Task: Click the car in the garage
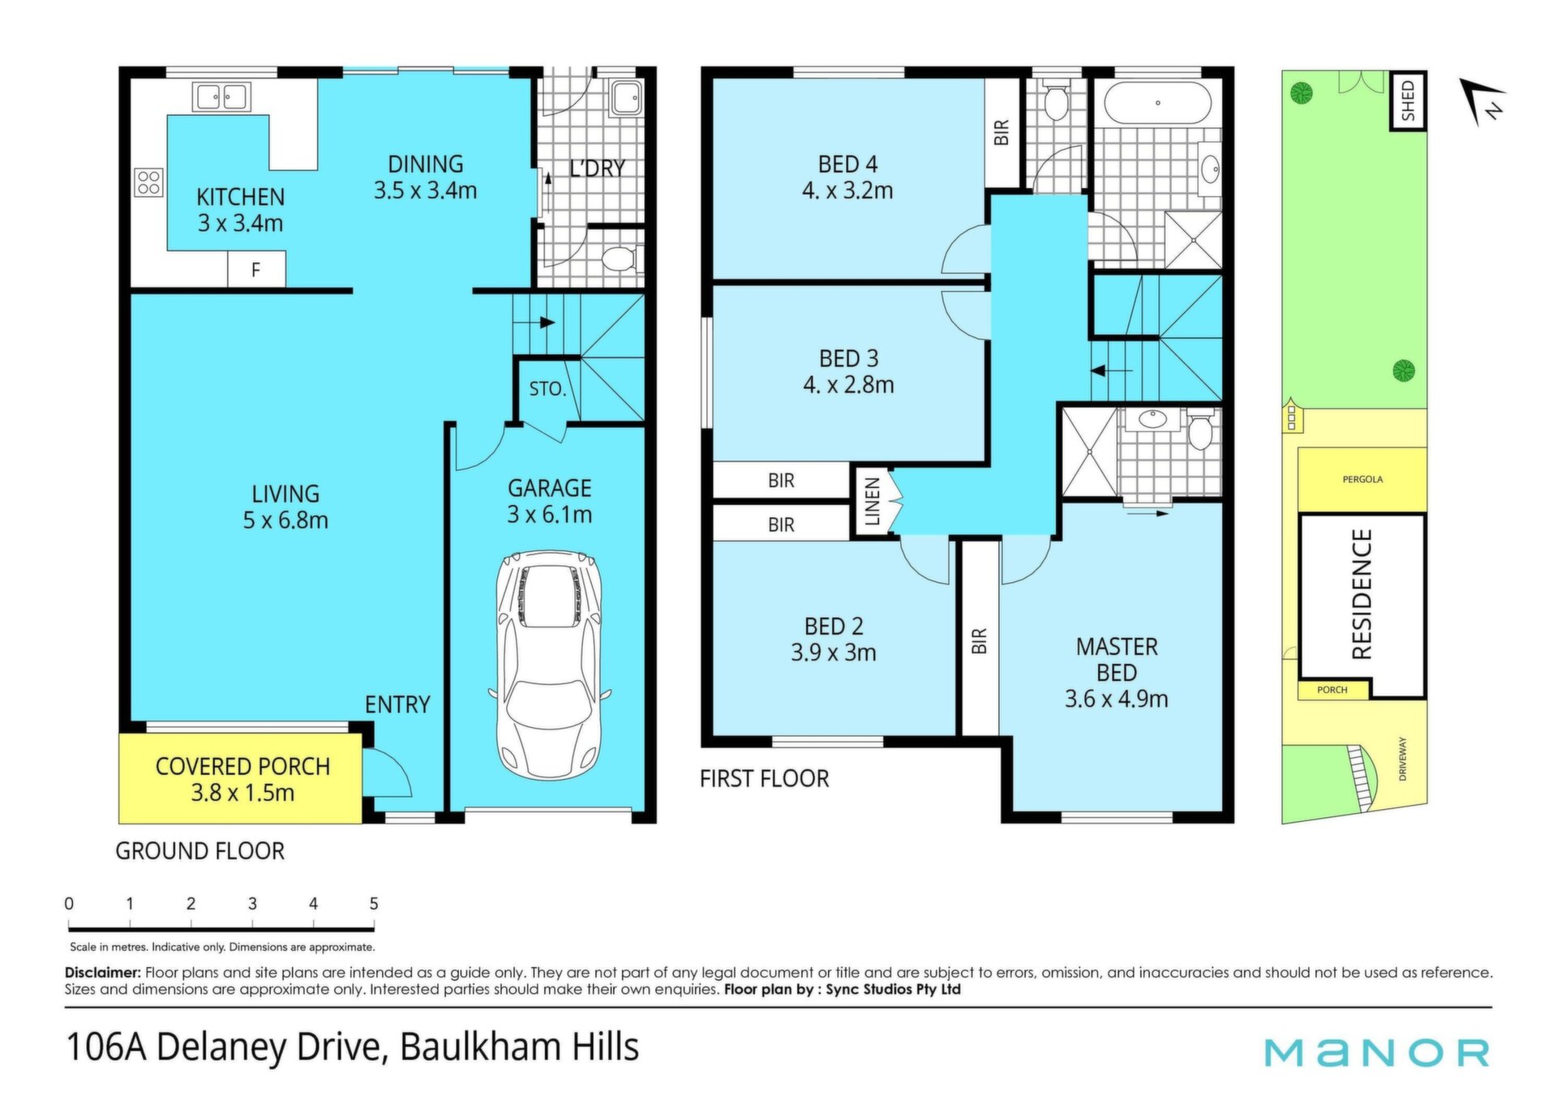550,663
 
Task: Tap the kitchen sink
221,96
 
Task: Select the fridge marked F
256,270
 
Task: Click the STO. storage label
547,389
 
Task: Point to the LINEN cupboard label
872,502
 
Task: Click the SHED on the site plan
1408,101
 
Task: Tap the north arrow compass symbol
1483,101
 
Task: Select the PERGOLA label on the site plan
1362,479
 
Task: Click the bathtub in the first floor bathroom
1157,104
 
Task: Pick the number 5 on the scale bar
374,903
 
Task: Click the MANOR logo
1377,1052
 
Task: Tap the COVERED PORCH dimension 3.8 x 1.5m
242,793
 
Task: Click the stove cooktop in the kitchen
149,182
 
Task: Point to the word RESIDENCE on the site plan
1362,594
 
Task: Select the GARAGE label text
550,488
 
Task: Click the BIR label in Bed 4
1002,132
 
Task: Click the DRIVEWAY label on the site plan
1403,759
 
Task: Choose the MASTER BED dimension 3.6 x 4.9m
1117,699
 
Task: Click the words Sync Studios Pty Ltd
894,989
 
